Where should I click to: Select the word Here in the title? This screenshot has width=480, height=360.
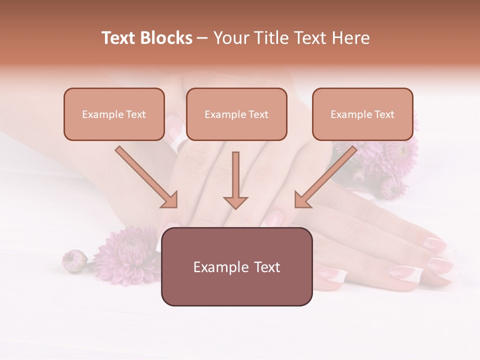351,38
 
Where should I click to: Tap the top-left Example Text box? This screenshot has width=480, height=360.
114,114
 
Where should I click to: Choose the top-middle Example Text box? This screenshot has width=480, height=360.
236,114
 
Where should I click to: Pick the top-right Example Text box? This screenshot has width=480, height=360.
362,114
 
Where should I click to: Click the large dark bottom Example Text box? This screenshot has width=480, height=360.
236,267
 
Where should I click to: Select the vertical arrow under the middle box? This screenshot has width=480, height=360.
235,180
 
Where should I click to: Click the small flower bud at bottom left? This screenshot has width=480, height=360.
74,260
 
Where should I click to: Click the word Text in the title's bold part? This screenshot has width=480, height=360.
119,38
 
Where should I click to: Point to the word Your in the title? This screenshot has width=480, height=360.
230,38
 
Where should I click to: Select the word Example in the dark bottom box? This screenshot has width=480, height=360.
218,267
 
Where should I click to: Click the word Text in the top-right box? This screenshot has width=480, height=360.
384,114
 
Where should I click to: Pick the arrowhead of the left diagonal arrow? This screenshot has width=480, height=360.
169,199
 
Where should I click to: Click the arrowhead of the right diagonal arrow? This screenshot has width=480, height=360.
302,199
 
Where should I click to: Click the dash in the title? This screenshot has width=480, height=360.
202,38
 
